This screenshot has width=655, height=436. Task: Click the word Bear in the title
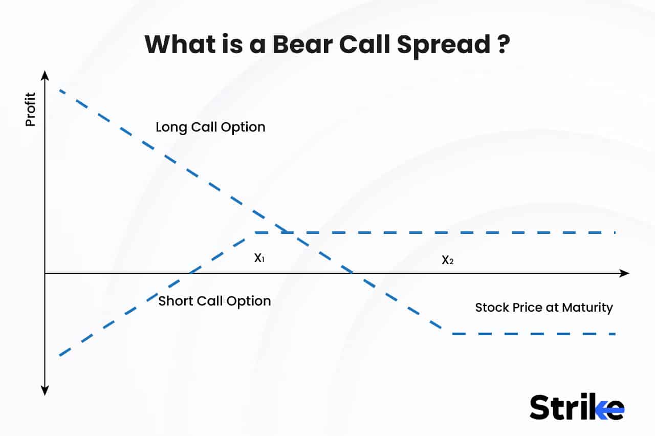point(302,45)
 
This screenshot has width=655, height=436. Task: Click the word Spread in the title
point(444,46)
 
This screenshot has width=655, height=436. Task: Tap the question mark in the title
point(503,45)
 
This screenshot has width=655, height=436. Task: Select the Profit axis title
point(30,109)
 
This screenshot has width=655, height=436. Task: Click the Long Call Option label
point(210,127)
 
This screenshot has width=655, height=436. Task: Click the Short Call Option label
point(214,301)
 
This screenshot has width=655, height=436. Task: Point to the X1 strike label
point(259,258)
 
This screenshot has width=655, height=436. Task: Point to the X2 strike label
point(448,259)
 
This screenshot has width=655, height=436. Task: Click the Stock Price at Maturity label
point(544,308)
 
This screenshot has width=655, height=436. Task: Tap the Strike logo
point(577,407)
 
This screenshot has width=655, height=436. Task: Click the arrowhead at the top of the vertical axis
point(45,75)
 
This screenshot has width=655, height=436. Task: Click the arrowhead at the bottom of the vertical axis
point(45,391)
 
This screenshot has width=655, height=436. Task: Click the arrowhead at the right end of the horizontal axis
point(624,273)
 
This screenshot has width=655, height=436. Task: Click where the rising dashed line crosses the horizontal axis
point(190,273)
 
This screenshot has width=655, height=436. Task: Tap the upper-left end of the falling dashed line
point(60,90)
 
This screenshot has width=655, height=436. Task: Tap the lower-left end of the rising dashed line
point(60,355)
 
